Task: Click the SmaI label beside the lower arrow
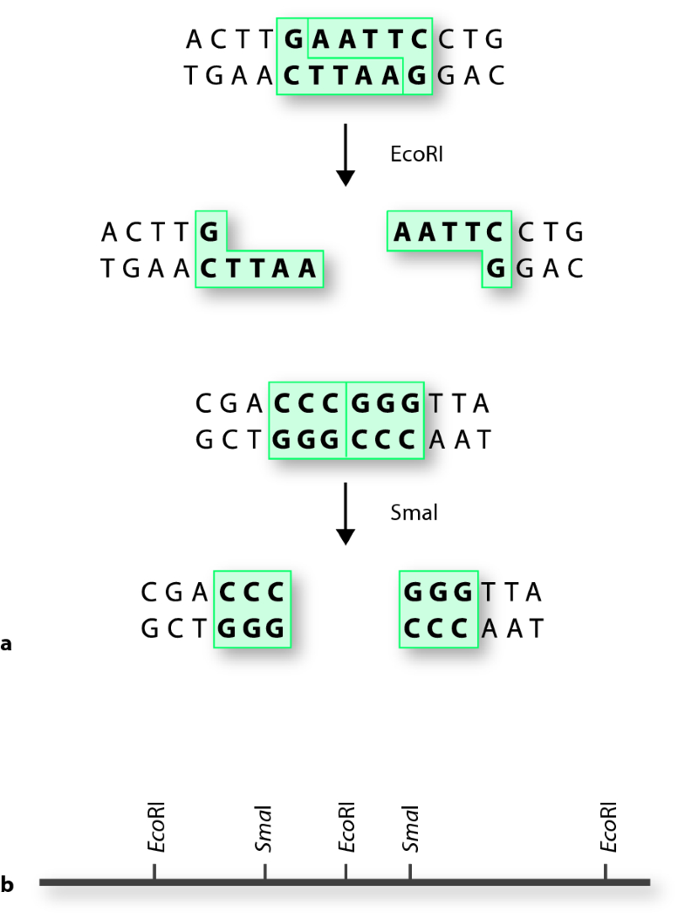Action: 414,513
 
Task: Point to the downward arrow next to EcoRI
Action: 346,154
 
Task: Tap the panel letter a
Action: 7,645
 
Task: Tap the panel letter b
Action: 7,884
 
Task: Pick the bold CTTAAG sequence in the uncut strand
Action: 356,77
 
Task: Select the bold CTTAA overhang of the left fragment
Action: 258,269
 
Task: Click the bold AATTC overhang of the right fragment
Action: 449,232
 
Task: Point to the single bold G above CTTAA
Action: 209,232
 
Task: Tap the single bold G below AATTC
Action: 496,269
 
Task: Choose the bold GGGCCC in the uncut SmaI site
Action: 346,440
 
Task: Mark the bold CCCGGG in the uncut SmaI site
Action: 347,404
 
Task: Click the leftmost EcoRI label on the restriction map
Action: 155,826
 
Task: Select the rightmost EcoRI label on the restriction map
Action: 608,826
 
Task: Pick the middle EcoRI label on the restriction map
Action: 346,826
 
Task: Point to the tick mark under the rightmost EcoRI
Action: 606,872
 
